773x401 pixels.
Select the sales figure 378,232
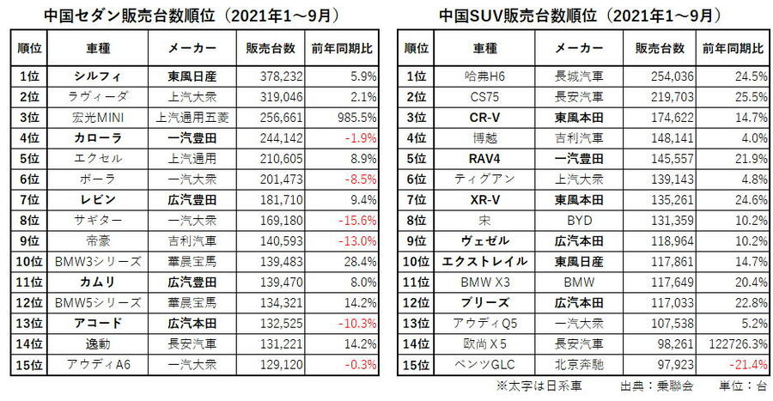point(267,76)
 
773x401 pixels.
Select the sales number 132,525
point(267,323)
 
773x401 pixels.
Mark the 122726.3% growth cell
point(736,343)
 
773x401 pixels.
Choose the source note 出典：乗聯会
point(651,387)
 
